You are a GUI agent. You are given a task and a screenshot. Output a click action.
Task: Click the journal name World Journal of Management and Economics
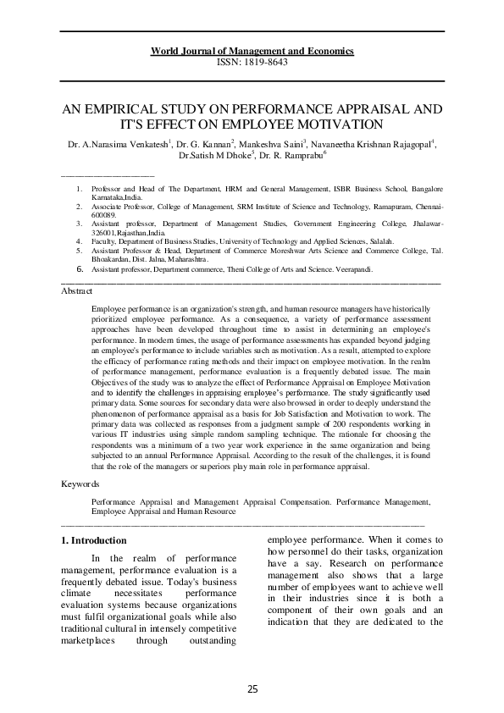(252, 52)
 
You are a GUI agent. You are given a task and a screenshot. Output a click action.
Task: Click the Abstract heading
(77, 290)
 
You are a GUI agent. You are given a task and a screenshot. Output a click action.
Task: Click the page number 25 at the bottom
(252, 688)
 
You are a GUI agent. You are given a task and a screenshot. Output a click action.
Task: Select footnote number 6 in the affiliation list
(80, 268)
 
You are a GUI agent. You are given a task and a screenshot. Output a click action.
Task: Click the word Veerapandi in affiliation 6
(349, 268)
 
